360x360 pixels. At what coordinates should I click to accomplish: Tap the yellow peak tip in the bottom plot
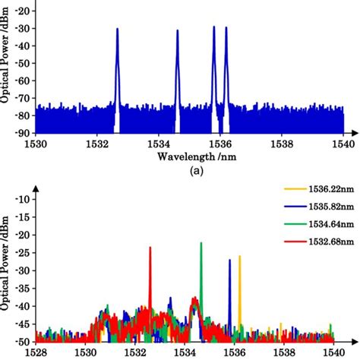click(240, 256)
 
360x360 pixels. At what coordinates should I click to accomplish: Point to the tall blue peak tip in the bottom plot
click(230, 260)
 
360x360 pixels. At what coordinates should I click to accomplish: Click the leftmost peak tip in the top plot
click(118, 30)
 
